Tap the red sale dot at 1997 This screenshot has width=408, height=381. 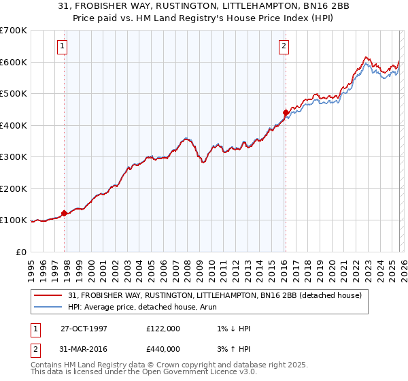(65, 213)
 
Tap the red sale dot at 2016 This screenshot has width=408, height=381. (286, 113)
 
